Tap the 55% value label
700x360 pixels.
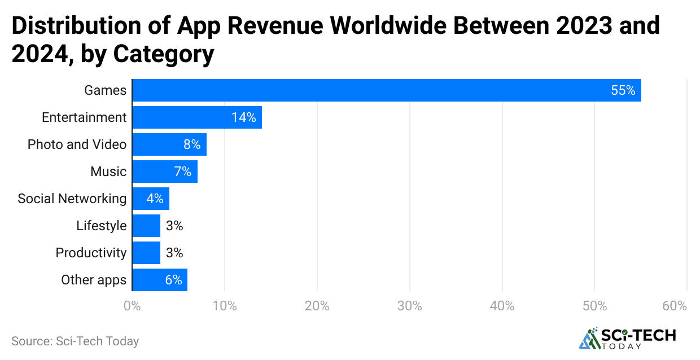623,90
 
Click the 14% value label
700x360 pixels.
243,117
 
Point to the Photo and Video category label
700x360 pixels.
77,144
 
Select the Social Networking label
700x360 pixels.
72,199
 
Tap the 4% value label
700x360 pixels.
154,199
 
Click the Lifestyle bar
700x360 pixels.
146,226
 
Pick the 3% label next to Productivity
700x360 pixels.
174,253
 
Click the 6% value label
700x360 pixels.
173,280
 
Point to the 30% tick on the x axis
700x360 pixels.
409,306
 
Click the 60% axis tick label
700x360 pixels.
675,306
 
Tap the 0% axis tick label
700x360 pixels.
132,306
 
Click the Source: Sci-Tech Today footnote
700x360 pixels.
75,341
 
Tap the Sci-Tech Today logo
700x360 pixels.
627,337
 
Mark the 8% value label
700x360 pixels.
192,144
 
